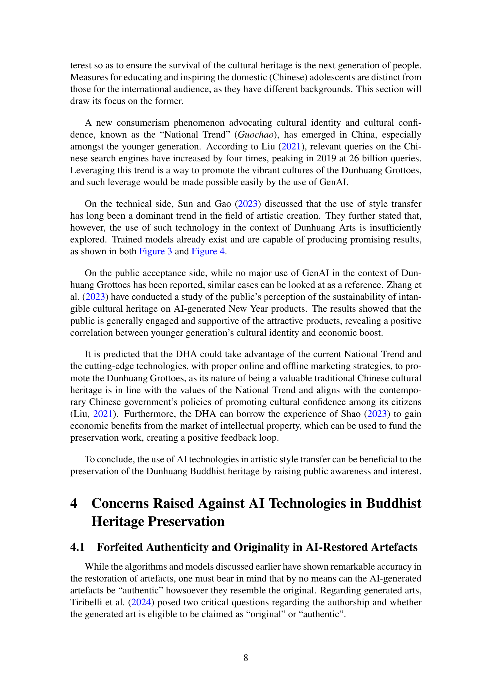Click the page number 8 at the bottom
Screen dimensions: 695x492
pos(246,658)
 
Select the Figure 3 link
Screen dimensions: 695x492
pos(155,251)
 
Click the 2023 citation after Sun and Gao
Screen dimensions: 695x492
pos(248,204)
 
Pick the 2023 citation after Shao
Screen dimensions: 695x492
pos(377,414)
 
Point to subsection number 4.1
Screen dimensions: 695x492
pos(78,547)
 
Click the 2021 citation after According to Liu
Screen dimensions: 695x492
pos(291,146)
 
